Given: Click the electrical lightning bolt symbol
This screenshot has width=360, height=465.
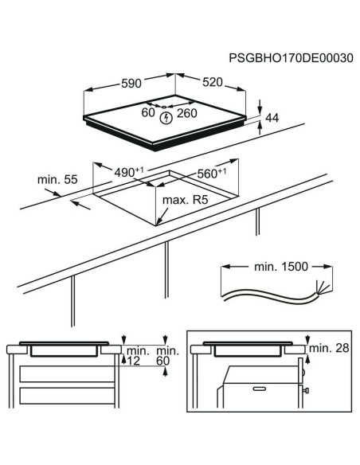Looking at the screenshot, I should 166,119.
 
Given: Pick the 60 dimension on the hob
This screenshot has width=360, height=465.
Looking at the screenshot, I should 148,113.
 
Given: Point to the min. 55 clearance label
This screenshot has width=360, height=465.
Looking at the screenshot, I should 55,180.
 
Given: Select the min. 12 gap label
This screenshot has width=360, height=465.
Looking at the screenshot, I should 135,356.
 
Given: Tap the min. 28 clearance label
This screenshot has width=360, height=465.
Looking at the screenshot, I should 329,348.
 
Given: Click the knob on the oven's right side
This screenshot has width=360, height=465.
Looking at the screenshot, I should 305,391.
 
